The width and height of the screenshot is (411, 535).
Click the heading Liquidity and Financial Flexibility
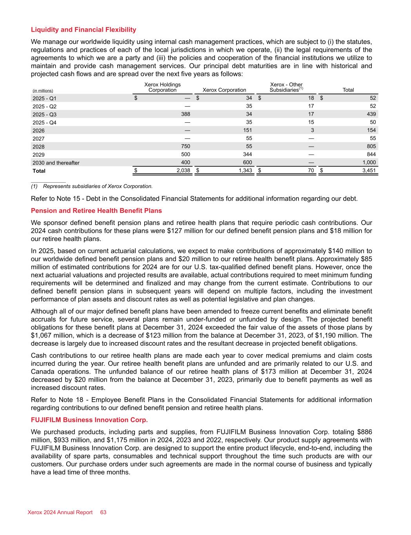84,30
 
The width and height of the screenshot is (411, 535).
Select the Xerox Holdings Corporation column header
162,87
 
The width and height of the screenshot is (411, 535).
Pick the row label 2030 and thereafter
56,163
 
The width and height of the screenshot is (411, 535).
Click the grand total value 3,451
368,170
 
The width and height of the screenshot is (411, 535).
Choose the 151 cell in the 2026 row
247,130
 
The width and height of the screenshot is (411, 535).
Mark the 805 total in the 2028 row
371,146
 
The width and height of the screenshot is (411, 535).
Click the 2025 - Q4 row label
44,122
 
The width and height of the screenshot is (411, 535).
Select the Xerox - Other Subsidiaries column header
286,87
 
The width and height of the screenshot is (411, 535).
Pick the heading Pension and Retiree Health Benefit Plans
96,211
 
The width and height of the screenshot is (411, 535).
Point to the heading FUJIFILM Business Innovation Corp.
89,420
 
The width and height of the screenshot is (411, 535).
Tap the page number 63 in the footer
103,512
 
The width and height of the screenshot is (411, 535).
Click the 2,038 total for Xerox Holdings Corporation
183,170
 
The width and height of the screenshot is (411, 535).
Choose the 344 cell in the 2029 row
247,154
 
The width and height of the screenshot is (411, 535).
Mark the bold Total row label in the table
39,171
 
